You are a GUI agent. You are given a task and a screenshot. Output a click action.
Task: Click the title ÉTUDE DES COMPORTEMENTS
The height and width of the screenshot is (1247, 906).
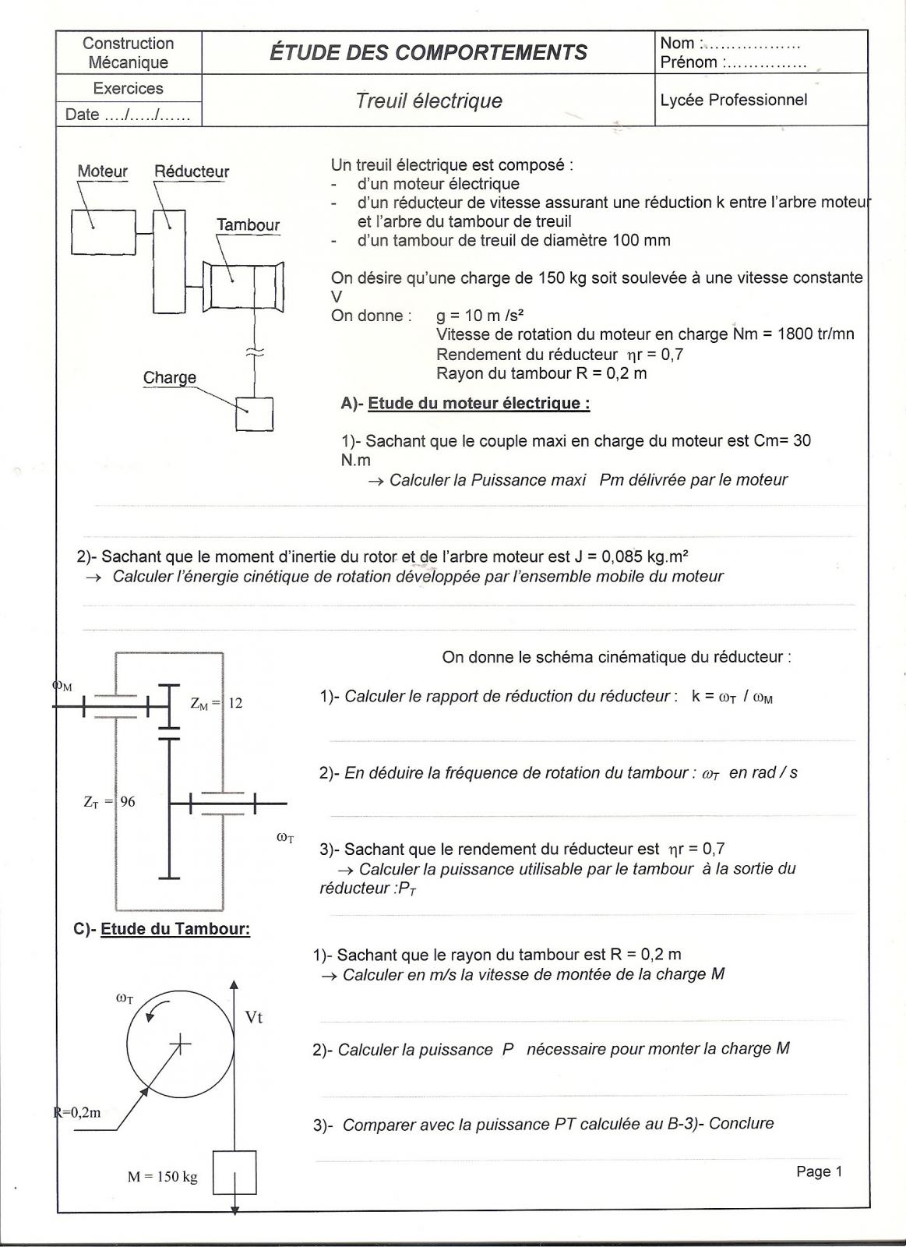428,53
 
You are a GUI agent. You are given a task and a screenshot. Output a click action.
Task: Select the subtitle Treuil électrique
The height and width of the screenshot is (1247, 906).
428,101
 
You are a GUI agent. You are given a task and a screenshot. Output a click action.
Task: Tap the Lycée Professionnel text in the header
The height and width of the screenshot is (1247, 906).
733,100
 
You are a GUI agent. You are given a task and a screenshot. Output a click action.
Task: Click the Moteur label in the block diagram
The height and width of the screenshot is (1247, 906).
102,171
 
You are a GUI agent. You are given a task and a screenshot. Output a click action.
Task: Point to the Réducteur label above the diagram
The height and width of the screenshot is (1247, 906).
192,171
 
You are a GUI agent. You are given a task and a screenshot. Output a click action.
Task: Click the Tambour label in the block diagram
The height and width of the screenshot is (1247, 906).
248,225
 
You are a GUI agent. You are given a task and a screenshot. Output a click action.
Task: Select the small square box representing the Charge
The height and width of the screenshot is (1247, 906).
254,414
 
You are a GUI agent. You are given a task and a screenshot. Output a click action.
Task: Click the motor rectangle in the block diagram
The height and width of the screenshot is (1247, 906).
103,232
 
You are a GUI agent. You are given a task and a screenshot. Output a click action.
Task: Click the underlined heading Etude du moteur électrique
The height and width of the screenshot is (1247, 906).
478,404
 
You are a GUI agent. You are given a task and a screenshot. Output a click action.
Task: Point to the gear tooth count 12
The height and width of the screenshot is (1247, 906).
234,703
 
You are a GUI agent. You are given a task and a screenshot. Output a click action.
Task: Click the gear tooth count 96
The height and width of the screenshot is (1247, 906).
127,801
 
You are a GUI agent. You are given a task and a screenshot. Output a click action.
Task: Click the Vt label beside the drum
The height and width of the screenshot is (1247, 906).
254,1018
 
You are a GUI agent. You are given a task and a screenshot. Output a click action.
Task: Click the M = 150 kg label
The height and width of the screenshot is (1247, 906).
163,1177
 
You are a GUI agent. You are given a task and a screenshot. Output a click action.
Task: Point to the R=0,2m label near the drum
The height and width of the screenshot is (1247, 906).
77,1112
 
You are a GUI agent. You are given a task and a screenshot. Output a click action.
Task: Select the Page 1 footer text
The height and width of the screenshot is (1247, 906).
819,1171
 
